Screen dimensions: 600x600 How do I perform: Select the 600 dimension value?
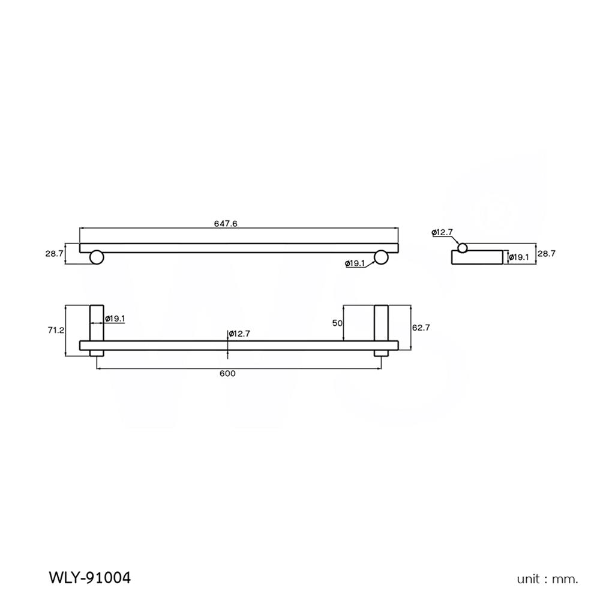click(x=227, y=374)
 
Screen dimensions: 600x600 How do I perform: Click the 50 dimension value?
click(x=337, y=323)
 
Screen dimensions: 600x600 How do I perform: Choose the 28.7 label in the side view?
click(x=547, y=254)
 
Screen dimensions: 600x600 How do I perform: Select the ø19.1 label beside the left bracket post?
click(x=115, y=319)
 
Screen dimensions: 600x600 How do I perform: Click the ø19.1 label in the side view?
click(x=518, y=257)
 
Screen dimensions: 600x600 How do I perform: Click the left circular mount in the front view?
click(x=97, y=258)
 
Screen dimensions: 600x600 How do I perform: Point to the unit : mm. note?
click(x=548, y=580)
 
